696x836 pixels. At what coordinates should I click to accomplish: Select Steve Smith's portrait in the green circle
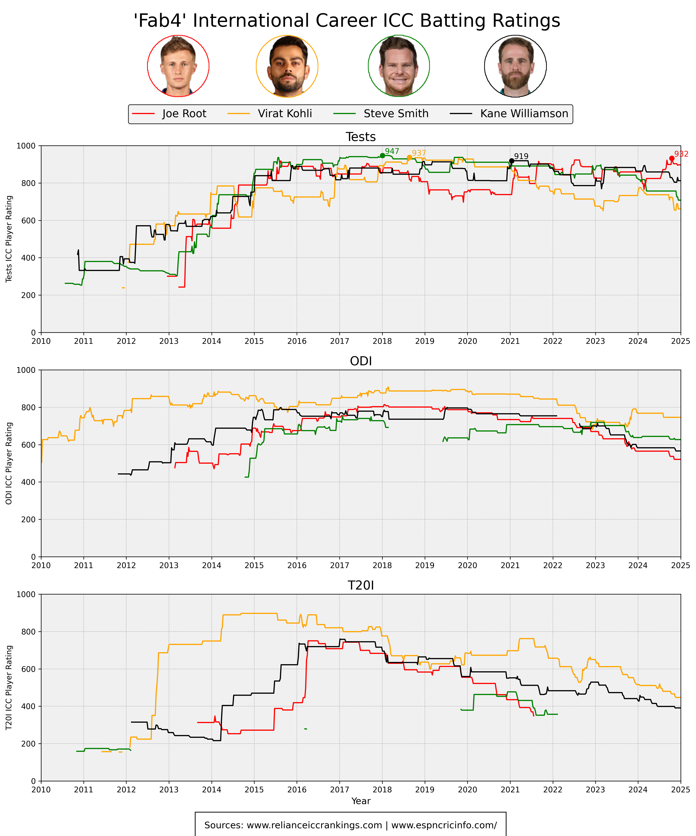pyautogui.click(x=399, y=66)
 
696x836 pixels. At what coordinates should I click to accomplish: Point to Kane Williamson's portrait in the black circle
pyautogui.click(x=515, y=66)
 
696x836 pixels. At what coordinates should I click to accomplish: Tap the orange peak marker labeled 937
pyautogui.click(x=409, y=158)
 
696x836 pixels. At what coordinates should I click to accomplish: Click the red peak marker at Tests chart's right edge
pyautogui.click(x=672, y=158)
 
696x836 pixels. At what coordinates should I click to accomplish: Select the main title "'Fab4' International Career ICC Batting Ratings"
pyautogui.click(x=347, y=21)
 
